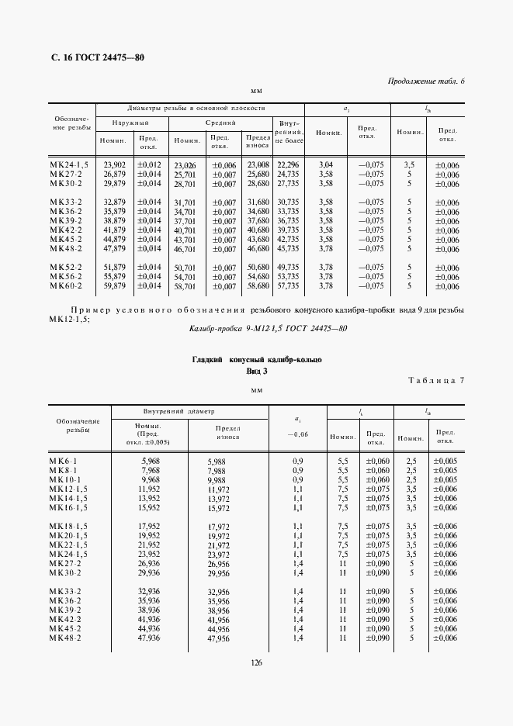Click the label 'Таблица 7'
[435, 380]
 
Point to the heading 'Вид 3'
[256, 372]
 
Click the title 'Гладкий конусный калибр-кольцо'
[256, 360]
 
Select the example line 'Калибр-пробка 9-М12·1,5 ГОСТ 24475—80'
[257, 329]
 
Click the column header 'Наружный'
[130, 123]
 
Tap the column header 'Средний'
[221, 123]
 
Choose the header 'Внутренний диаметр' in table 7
[178, 411]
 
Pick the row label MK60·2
[69, 285]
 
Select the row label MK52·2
[69, 267]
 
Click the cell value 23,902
[115, 164]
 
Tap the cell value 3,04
[326, 164]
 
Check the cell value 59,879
[115, 285]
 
